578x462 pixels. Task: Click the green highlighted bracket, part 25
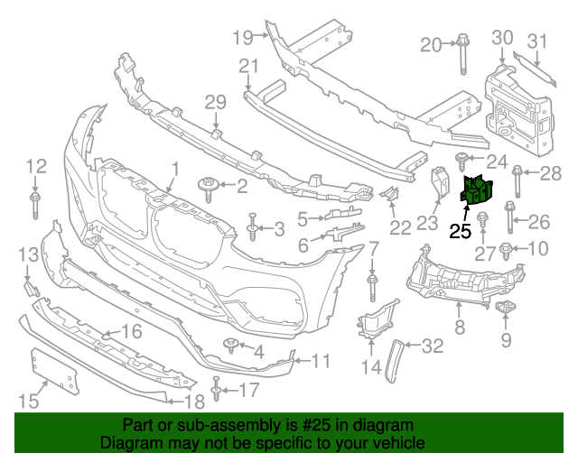click(476, 190)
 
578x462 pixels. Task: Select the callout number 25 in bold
click(461, 230)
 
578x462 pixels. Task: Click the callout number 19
click(242, 37)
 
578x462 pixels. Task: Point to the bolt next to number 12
click(35, 202)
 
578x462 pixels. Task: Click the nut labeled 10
click(508, 249)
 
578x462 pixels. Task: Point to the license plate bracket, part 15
click(55, 373)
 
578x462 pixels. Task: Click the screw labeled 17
click(217, 390)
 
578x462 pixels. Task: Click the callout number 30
click(502, 38)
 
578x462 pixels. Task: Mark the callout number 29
click(214, 102)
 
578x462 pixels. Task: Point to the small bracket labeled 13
click(30, 288)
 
